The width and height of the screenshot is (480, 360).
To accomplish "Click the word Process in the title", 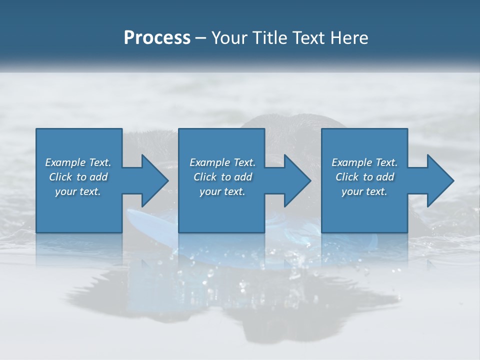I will [157, 38].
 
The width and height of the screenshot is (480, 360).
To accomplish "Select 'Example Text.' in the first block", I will [78, 162].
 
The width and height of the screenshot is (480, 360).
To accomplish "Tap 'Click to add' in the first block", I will [78, 177].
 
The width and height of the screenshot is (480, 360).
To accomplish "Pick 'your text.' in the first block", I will [78, 191].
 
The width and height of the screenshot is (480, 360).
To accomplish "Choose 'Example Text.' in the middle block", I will [222, 162].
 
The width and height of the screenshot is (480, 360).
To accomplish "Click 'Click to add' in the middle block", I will [222, 177].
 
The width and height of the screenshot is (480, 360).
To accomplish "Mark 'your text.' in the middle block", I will [222, 191].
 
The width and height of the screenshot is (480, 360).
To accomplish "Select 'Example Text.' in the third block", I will [364, 162].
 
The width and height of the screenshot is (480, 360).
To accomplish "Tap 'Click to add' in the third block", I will [364, 177].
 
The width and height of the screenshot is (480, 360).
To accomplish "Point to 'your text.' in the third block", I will [364, 191].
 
